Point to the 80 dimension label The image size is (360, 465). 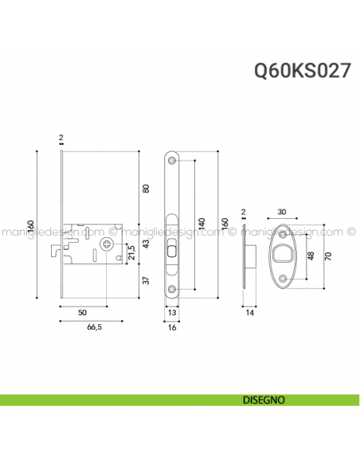pyautogui.click(x=145, y=189)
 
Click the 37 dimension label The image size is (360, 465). pyautogui.click(x=145, y=279)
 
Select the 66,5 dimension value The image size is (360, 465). pyautogui.click(x=93, y=326)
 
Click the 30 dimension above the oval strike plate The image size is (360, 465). pyautogui.click(x=283, y=212)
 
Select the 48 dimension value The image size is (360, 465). pyautogui.click(x=311, y=256)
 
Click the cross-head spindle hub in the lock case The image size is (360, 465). pyautogui.click(x=106, y=245)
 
